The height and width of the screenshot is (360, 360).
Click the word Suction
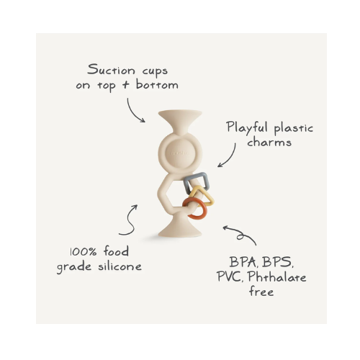pyautogui.click(x=111, y=70)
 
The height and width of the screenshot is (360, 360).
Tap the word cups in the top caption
pyautogui.click(x=155, y=71)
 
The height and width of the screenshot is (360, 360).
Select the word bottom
pyautogui.click(x=157, y=84)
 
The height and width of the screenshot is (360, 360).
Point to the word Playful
pyautogui.click(x=247, y=127)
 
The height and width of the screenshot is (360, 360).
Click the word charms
pyautogui.click(x=269, y=142)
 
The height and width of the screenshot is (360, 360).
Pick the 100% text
pyautogui.click(x=84, y=252)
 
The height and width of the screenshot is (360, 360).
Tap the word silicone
pyautogui.click(x=120, y=266)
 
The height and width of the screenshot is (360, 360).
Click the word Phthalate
pyautogui.click(x=277, y=276)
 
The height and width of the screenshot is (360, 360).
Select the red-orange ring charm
pyautogui.click(x=194, y=208)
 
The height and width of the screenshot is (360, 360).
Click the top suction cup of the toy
pyautogui.click(x=180, y=121)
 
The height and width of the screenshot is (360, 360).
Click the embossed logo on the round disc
pyautogui.click(x=179, y=153)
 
